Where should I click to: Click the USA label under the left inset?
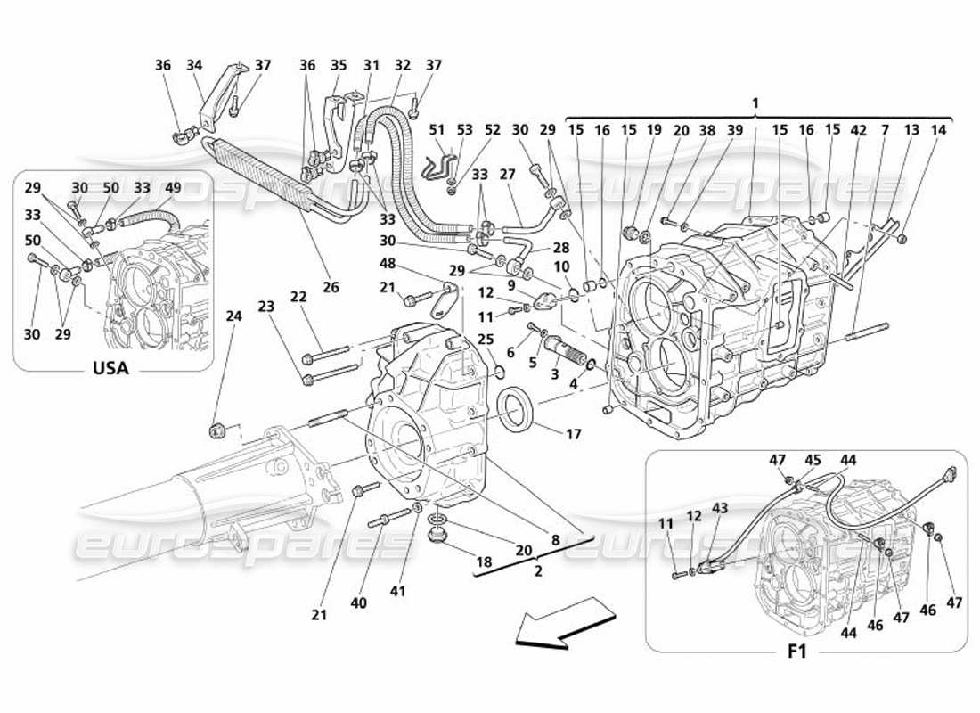[111, 367]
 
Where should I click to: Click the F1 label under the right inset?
[796, 652]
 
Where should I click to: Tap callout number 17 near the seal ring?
[574, 434]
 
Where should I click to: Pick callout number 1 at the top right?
[755, 103]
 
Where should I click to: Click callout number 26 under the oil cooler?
[331, 287]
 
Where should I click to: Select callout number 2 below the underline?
[538, 571]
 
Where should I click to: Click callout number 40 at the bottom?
[359, 603]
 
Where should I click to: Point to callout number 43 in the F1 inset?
[719, 507]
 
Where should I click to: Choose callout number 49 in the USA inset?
[172, 187]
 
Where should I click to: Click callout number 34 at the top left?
[194, 65]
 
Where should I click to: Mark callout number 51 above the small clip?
[437, 129]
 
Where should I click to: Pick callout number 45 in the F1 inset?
[813, 461]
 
